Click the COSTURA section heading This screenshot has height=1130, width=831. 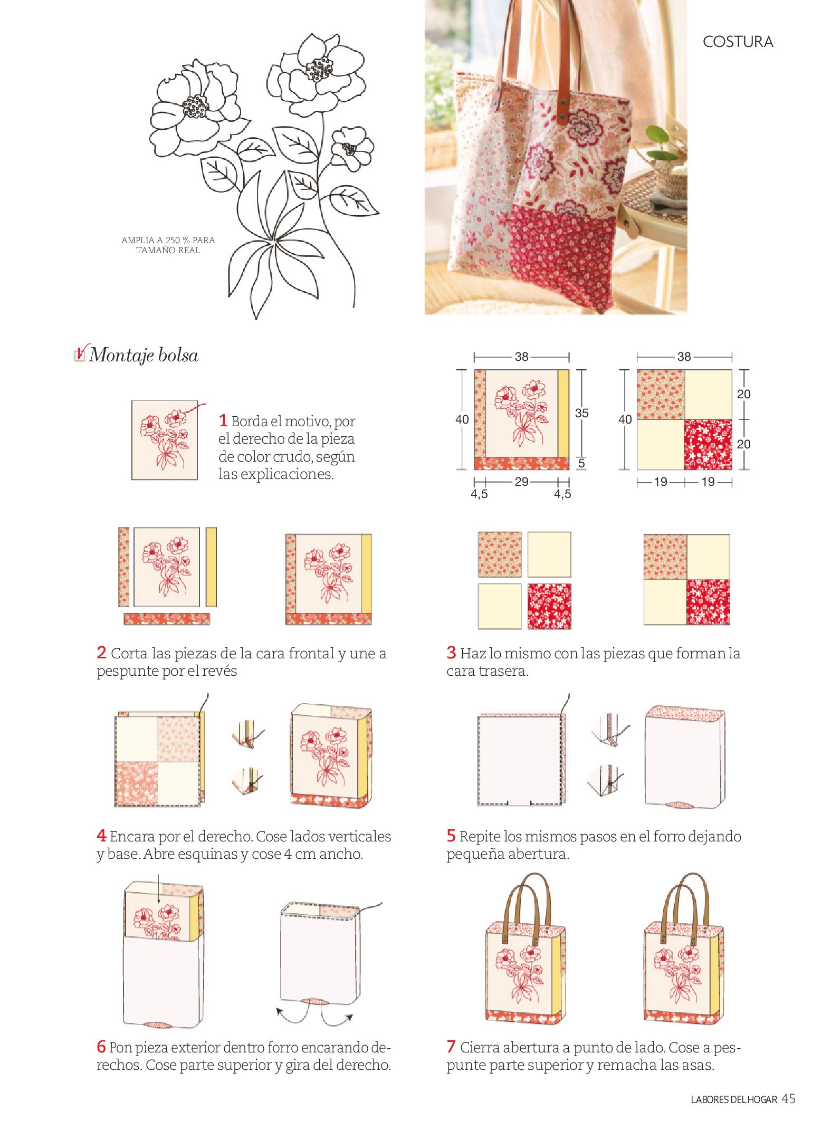point(738,42)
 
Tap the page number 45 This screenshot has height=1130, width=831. point(788,1098)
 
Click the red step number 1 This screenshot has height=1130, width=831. point(223,420)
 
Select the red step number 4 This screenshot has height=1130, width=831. point(101,835)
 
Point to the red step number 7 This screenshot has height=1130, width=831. point(451,1046)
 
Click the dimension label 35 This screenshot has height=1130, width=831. point(581,413)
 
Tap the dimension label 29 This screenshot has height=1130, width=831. point(521,481)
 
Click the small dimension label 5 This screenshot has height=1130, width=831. point(581,463)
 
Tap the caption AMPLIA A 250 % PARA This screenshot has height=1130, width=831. point(168,240)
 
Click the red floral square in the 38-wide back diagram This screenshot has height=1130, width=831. point(708,444)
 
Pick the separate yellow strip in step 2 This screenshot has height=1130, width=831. point(211,567)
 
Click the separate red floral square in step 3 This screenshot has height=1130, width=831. point(549,606)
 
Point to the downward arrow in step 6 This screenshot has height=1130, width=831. point(158,890)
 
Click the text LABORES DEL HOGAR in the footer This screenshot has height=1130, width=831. point(734,1099)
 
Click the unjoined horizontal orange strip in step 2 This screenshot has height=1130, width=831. point(167,619)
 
